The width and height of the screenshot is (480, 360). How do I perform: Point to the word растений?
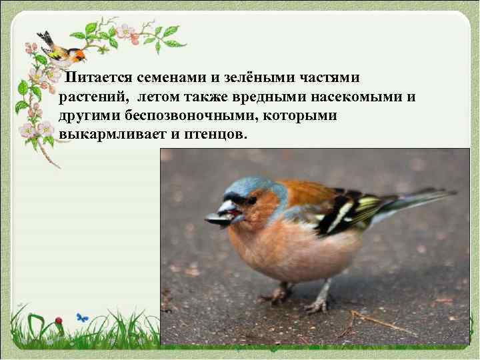tap(93, 97)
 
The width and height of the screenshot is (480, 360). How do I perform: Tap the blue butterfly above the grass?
tap(83, 317)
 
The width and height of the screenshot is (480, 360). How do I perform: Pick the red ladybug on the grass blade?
tap(59, 321)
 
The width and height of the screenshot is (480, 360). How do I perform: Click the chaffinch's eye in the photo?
tap(251, 199)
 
